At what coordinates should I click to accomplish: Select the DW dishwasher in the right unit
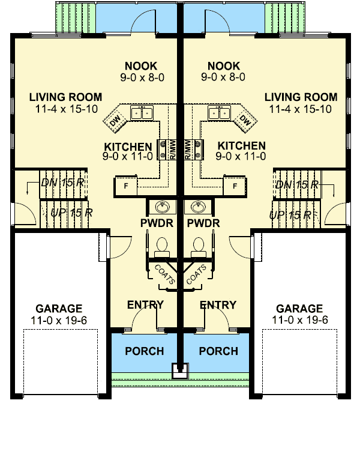(245, 120)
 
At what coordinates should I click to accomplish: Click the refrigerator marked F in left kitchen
(126, 186)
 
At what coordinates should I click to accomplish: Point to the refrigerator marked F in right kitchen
(235, 186)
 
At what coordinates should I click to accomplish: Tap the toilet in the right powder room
(197, 246)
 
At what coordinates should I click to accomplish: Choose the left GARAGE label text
(59, 309)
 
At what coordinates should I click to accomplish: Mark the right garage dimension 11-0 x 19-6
(300, 320)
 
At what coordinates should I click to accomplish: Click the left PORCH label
(145, 351)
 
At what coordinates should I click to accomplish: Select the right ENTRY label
(218, 305)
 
